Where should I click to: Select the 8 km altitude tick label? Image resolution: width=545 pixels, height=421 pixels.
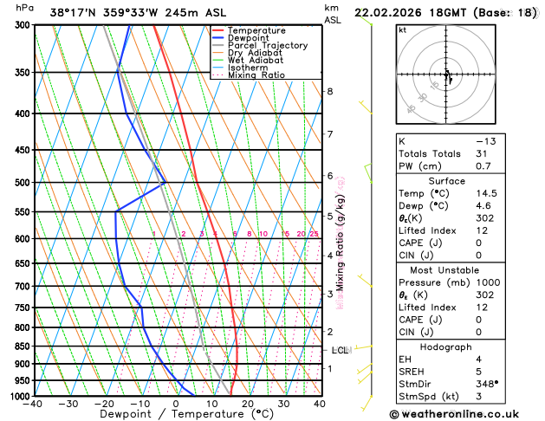click(x=329, y=92)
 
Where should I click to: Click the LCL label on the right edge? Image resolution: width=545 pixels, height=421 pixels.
click(x=340, y=350)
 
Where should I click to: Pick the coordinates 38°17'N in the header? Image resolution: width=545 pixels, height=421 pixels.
click(x=74, y=12)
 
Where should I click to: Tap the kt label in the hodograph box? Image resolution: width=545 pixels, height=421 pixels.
click(x=402, y=30)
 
